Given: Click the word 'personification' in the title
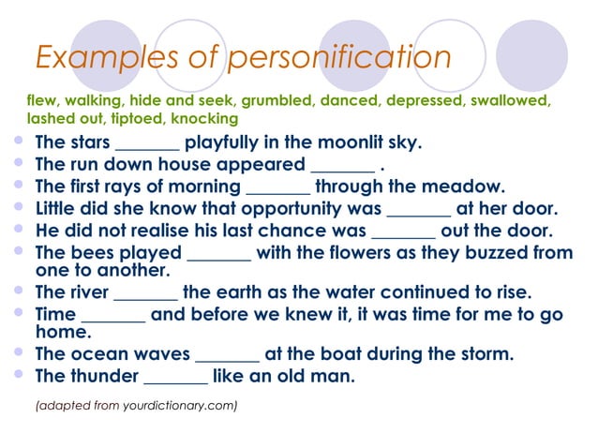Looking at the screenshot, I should [x=340, y=58].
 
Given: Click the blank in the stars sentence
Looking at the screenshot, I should [x=146, y=144].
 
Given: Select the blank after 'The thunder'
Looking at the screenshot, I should [x=175, y=378].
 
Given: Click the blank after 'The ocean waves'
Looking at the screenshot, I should [x=227, y=355].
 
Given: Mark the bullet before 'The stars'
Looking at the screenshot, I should [x=18, y=142].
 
